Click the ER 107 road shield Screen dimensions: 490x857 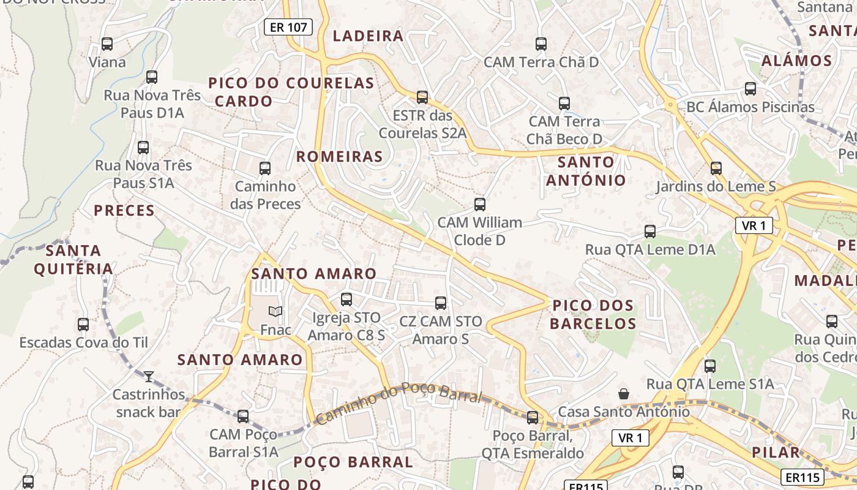click(x=288, y=27)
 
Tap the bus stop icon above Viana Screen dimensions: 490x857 click(x=107, y=44)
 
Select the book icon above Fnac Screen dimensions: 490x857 click(x=275, y=312)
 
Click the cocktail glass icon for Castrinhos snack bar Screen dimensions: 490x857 click(x=149, y=376)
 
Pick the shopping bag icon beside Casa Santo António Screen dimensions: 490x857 click(x=623, y=393)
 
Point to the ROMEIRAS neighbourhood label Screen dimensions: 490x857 click(x=340, y=157)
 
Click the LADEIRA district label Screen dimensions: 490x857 click(x=368, y=36)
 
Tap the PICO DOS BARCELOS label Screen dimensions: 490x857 click(x=593, y=314)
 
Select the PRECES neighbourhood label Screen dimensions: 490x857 click(x=124, y=211)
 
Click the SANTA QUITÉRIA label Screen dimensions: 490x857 click(x=73, y=260)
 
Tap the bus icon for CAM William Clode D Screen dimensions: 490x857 click(x=480, y=204)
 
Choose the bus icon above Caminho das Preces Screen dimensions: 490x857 click(x=265, y=168)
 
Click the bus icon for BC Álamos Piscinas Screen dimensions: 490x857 click(x=750, y=89)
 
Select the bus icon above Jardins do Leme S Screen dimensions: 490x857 click(x=716, y=168)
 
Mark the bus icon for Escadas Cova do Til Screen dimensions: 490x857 click(x=83, y=325)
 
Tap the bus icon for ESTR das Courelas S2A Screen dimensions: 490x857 click(x=422, y=97)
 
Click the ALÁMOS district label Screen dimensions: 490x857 click(x=796, y=61)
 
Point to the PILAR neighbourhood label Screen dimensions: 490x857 click(x=777, y=453)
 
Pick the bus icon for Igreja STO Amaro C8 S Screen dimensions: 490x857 click(x=346, y=300)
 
